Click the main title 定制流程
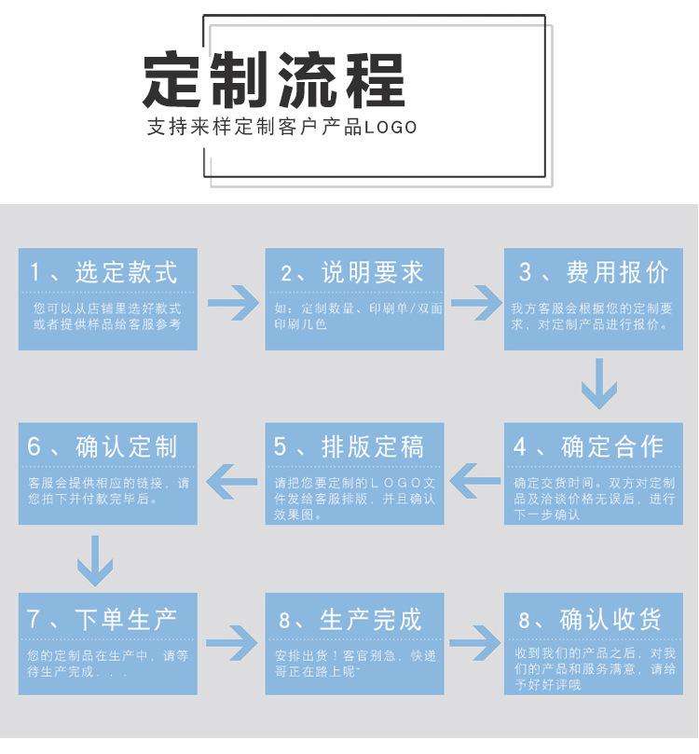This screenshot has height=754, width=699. point(274,79)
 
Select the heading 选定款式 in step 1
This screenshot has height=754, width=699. point(127,272)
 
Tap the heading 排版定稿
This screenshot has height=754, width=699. point(373,446)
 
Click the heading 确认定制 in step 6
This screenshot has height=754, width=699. point(127,446)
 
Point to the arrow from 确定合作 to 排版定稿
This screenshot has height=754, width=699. point(475,482)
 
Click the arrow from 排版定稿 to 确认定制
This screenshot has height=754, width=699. point(232,482)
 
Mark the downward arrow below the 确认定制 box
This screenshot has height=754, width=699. point(94,559)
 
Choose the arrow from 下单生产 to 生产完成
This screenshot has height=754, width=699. point(232,643)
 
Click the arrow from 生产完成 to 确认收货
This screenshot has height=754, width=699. point(475,643)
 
